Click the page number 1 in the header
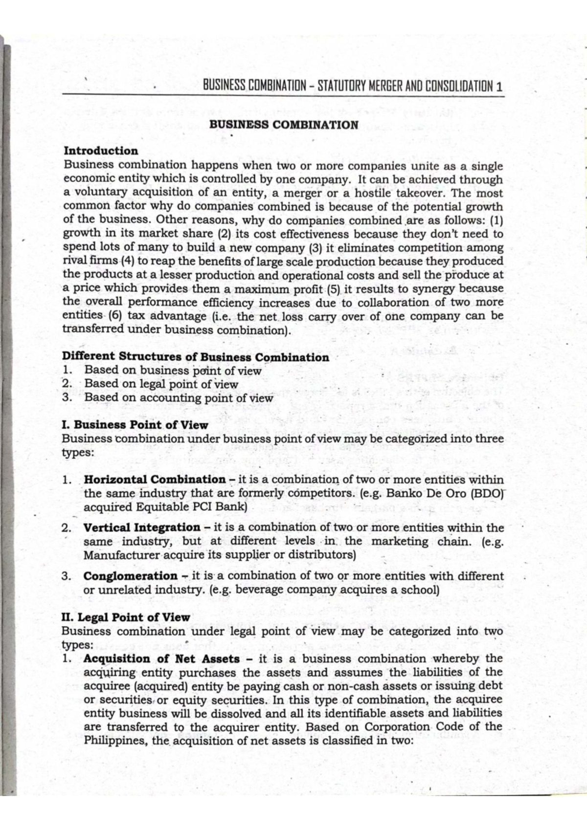[x=499, y=87]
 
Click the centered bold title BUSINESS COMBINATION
[x=284, y=125]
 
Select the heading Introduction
[x=101, y=151]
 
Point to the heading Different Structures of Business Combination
[x=195, y=357]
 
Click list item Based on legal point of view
[x=161, y=384]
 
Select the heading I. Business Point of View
[x=135, y=425]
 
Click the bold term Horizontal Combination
[x=155, y=480]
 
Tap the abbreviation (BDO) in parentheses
[x=486, y=493]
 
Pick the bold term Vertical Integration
[x=141, y=528]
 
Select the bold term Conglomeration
[x=130, y=576]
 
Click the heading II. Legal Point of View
[x=126, y=617]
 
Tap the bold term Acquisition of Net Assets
[x=161, y=659]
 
